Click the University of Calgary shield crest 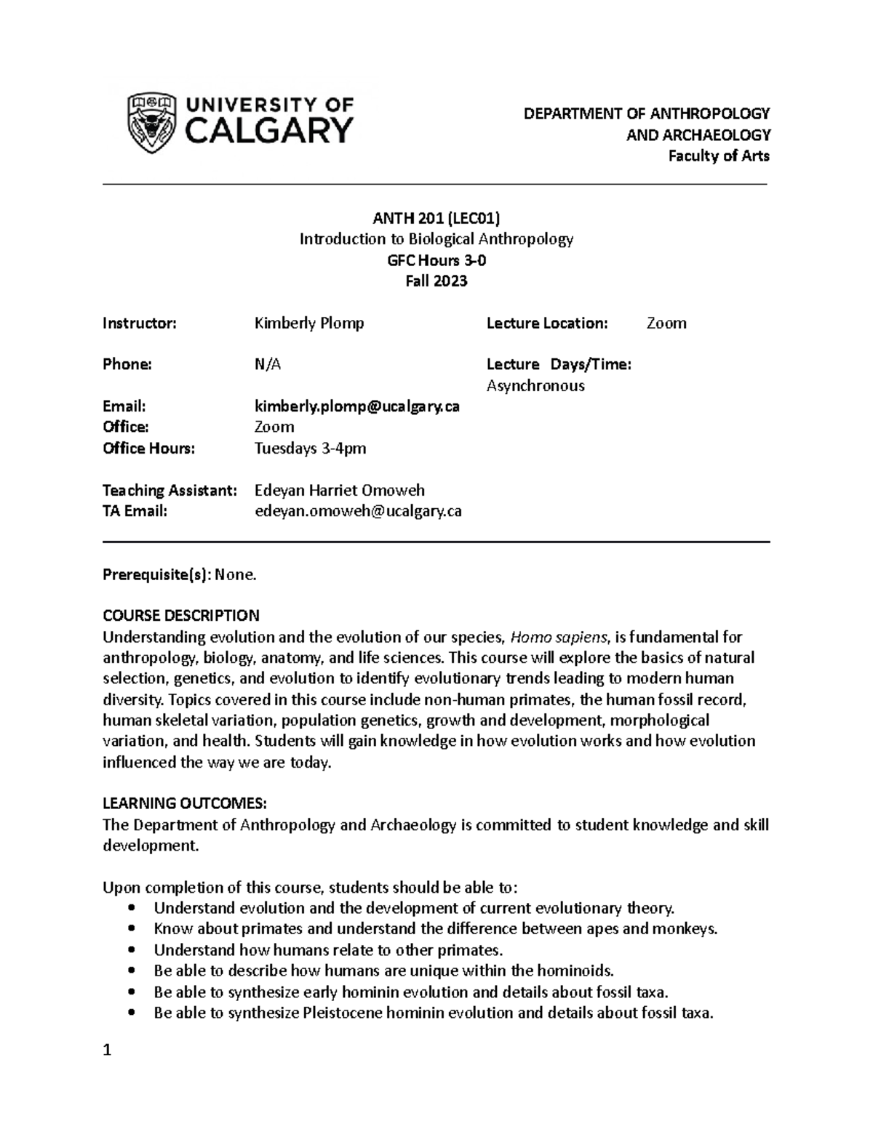pyautogui.click(x=151, y=123)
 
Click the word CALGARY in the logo pyautogui.click(x=270, y=132)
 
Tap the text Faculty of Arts pyautogui.click(x=719, y=156)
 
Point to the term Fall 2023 pyautogui.click(x=436, y=281)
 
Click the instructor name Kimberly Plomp pyautogui.click(x=308, y=324)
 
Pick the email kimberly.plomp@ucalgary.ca pyautogui.click(x=356, y=406)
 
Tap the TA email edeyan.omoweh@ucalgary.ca pyautogui.click(x=357, y=511)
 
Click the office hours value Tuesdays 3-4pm pyautogui.click(x=310, y=449)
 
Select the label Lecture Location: pyautogui.click(x=546, y=324)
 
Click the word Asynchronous pyautogui.click(x=535, y=386)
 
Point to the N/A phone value pyautogui.click(x=267, y=365)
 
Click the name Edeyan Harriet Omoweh pyautogui.click(x=339, y=491)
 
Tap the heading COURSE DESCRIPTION pyautogui.click(x=180, y=616)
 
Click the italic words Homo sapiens pyautogui.click(x=559, y=638)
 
